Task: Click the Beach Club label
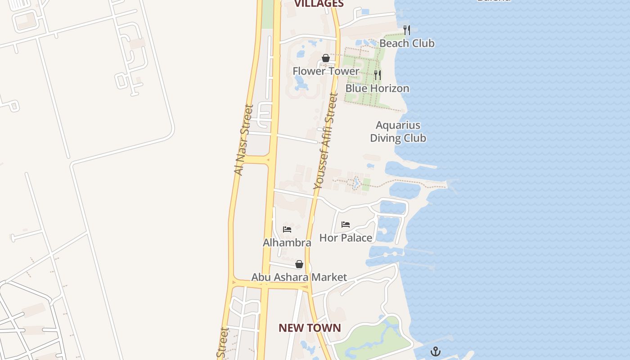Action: pyautogui.click(x=407, y=43)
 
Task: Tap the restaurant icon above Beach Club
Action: pyautogui.click(x=407, y=30)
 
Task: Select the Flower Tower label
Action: pyautogui.click(x=326, y=71)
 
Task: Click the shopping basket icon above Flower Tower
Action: pyautogui.click(x=326, y=58)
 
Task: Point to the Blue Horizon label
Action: pyautogui.click(x=377, y=88)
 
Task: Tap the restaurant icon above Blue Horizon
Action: pyautogui.click(x=378, y=75)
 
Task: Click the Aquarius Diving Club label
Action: pyautogui.click(x=398, y=131)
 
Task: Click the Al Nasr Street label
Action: pyautogui.click(x=244, y=140)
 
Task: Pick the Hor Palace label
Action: pyautogui.click(x=346, y=238)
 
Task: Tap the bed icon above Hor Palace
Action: pyautogui.click(x=346, y=224)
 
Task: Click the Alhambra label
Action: pyautogui.click(x=287, y=243)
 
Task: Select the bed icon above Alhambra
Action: pyautogui.click(x=287, y=229)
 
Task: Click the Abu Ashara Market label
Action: pyautogui.click(x=299, y=277)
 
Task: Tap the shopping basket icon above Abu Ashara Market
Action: pyautogui.click(x=299, y=264)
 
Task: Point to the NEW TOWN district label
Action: pyautogui.click(x=310, y=328)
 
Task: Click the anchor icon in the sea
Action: pyautogui.click(x=436, y=351)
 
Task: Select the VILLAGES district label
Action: pyautogui.click(x=319, y=4)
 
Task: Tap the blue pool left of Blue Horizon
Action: pyautogui.click(x=300, y=83)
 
